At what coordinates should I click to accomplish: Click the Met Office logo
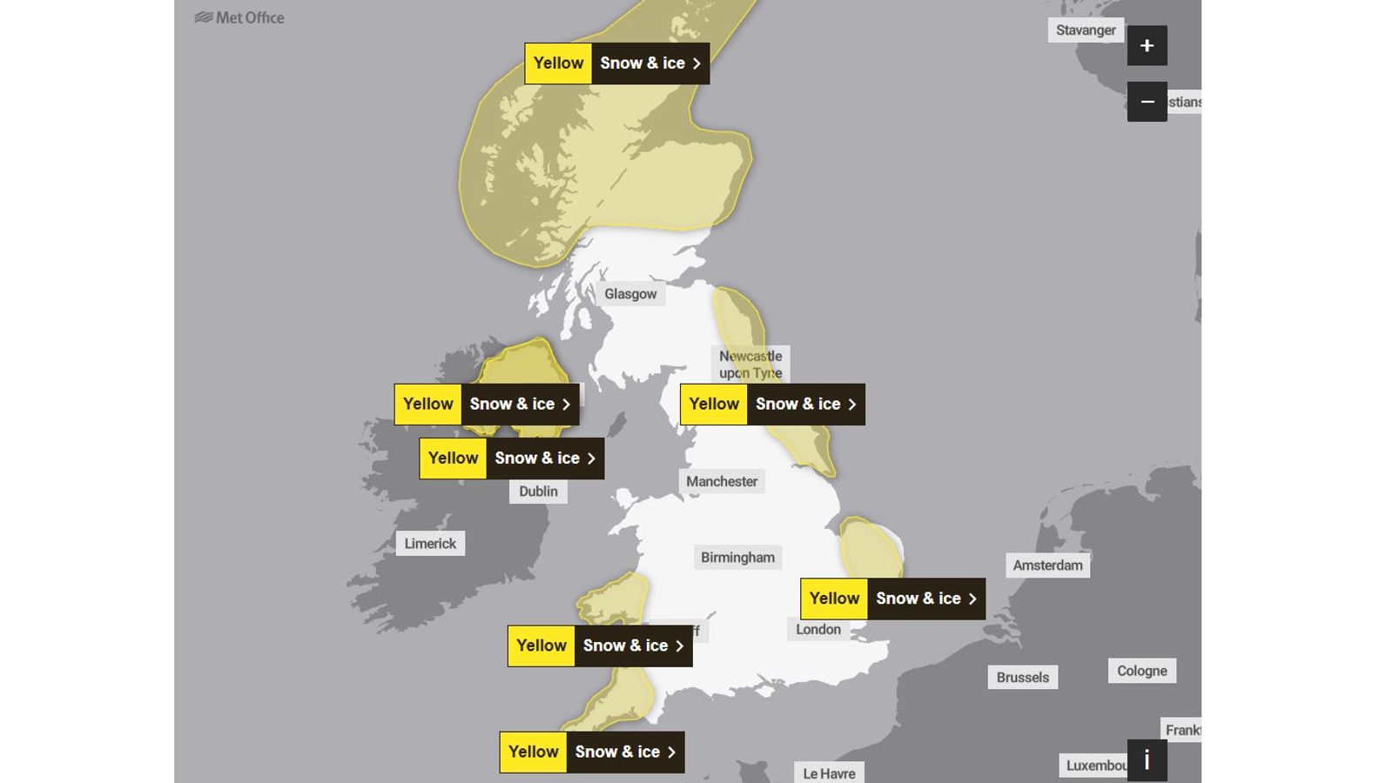(x=239, y=17)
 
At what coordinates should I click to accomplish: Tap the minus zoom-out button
(x=1147, y=102)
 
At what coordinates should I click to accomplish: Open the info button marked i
(x=1147, y=760)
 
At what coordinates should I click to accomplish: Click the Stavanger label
(x=1086, y=30)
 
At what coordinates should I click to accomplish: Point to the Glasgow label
(x=630, y=294)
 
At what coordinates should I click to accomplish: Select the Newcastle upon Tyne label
(x=750, y=365)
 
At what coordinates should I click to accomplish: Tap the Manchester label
(x=722, y=481)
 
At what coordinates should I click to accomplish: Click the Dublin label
(x=538, y=492)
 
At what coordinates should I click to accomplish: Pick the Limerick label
(x=430, y=544)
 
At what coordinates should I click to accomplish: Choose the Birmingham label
(x=737, y=558)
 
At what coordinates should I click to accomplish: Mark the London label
(x=818, y=630)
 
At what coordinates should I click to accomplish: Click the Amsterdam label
(x=1047, y=565)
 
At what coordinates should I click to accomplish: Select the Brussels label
(x=1022, y=678)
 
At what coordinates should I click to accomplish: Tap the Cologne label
(x=1141, y=671)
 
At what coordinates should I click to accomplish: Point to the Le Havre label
(x=829, y=773)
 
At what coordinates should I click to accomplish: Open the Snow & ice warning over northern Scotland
(x=616, y=64)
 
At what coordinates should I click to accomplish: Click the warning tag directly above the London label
(x=892, y=599)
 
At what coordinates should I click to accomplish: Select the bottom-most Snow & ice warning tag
(x=591, y=752)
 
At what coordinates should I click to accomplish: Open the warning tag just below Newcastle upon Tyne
(x=772, y=405)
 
